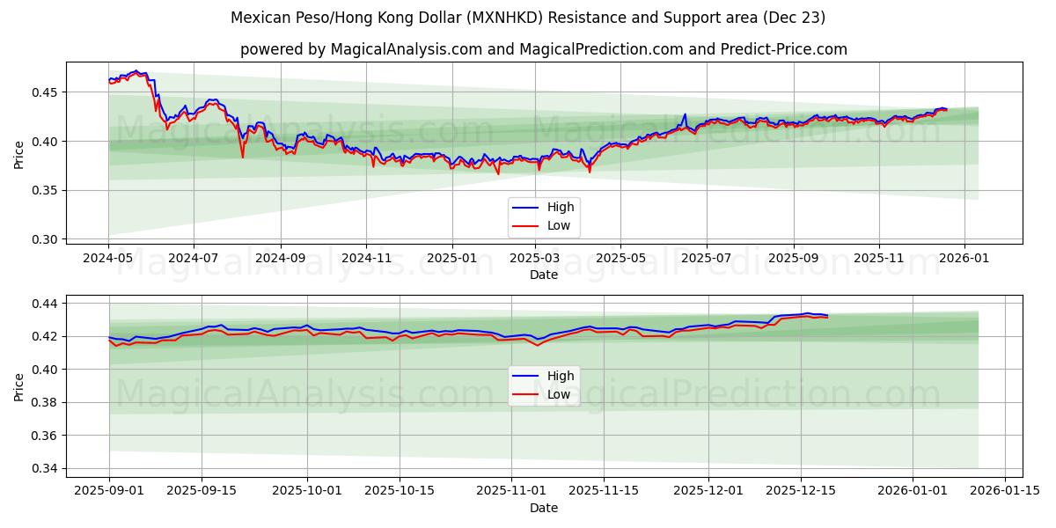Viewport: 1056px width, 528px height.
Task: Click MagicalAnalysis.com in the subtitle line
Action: click(406, 49)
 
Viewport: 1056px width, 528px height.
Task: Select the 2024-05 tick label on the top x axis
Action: click(108, 259)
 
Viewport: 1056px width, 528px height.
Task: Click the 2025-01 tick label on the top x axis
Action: click(451, 259)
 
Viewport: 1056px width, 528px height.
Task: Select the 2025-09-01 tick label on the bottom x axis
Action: click(109, 491)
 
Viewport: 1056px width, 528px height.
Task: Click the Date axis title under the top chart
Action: click(543, 275)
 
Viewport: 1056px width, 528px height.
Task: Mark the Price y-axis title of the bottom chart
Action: click(19, 385)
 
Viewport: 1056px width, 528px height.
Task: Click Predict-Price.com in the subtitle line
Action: click(787, 49)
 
